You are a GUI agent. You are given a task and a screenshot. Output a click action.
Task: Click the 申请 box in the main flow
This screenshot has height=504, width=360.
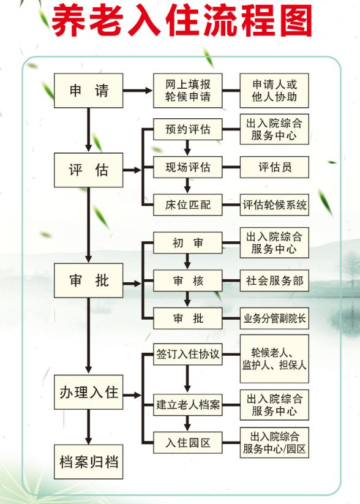(88, 91)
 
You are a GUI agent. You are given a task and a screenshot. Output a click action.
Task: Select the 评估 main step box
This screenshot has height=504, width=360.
(88, 170)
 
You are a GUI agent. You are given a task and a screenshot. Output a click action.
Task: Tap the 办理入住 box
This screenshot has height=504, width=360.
(88, 392)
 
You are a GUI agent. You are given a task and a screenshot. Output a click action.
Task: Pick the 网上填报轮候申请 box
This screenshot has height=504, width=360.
(187, 91)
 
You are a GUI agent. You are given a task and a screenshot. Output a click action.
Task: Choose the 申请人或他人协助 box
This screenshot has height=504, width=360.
(274, 91)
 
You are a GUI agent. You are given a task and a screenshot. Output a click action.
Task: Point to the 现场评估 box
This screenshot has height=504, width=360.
(187, 167)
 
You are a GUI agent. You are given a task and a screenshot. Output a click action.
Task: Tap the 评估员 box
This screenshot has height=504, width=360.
(274, 167)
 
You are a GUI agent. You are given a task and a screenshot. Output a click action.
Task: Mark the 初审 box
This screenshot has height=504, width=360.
(187, 243)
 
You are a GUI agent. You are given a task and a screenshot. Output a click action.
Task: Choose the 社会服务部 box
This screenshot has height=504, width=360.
(274, 281)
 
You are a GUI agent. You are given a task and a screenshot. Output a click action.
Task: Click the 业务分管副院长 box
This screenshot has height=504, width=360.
(274, 318)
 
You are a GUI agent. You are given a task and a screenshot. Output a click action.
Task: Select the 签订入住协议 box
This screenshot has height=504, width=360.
(187, 355)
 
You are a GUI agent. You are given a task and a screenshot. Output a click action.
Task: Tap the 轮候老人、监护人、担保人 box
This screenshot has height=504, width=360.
(274, 358)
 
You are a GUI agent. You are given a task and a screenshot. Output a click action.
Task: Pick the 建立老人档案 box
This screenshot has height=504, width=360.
(187, 405)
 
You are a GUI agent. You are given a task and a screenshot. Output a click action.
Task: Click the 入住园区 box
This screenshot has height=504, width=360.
(187, 442)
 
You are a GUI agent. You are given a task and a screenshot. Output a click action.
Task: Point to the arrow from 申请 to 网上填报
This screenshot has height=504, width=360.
(138, 91)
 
